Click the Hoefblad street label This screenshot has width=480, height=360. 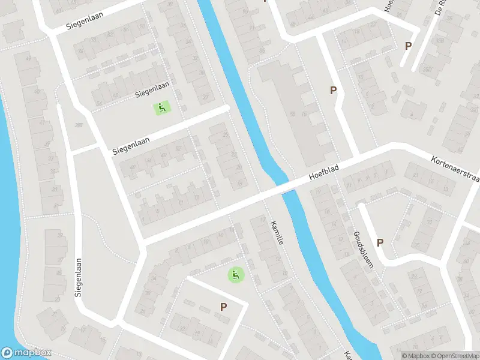(x=324, y=175)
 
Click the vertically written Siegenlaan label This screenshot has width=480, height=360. (x=78, y=278)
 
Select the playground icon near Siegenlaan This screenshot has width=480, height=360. (x=161, y=108)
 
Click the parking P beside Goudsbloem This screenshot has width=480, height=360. (x=380, y=242)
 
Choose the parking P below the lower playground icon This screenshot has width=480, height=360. (x=223, y=307)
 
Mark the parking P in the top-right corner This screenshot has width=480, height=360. (x=409, y=46)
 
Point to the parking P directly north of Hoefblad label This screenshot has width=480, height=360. (x=333, y=91)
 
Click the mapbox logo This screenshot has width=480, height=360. (x=26, y=353)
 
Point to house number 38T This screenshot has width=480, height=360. (x=78, y=124)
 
